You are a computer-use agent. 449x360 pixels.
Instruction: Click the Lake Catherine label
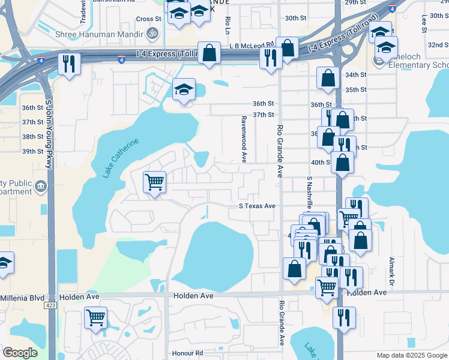click(121, 158)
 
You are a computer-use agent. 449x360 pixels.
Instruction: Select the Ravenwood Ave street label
click(244, 140)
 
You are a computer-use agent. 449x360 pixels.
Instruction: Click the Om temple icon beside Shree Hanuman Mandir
click(152, 34)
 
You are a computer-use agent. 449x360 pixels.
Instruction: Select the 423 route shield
click(49, 305)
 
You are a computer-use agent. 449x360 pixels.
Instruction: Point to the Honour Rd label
click(187, 353)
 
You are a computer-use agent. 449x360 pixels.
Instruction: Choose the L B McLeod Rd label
click(252, 45)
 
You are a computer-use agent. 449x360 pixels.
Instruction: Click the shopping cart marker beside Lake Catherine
click(154, 182)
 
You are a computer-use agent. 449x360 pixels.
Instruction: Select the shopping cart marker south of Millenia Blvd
click(95, 318)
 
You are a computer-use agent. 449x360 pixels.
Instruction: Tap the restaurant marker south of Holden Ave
click(343, 317)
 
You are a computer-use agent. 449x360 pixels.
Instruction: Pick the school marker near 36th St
click(184, 90)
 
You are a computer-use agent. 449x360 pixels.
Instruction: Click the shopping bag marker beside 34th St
click(328, 78)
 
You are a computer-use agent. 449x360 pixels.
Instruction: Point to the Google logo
click(20, 353)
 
